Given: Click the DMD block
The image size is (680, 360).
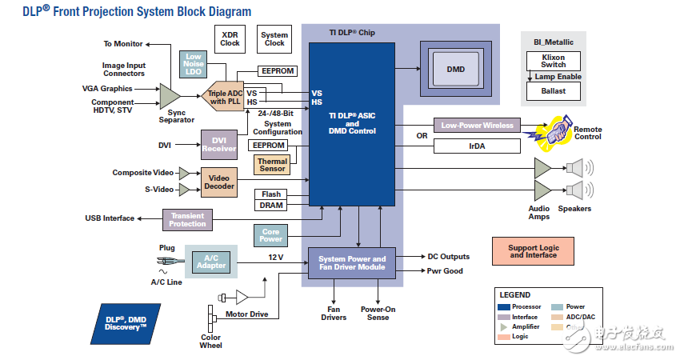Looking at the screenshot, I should (x=455, y=70).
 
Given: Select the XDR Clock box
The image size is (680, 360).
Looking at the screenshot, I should (x=230, y=38).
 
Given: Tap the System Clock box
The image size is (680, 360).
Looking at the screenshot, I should (x=274, y=38).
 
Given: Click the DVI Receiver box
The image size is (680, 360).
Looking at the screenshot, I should (x=218, y=144).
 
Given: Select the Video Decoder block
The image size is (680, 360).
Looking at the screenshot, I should (x=218, y=183).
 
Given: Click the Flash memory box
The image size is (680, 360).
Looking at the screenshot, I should (x=272, y=194).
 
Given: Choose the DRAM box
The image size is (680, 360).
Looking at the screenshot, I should (x=272, y=206).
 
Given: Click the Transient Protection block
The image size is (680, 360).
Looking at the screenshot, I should (x=188, y=219).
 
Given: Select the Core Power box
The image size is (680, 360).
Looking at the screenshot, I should (x=272, y=235).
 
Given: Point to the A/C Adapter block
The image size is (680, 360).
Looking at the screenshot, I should (x=212, y=261).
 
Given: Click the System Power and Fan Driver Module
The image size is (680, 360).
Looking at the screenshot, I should (x=352, y=263).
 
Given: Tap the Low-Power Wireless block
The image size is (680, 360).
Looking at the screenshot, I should (x=477, y=126).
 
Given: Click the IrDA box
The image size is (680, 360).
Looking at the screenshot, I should (x=477, y=146).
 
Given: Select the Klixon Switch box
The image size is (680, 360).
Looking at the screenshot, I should (x=553, y=62).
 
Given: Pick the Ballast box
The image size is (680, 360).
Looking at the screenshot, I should (x=553, y=91).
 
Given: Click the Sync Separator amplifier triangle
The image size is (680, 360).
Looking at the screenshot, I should (x=169, y=97).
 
